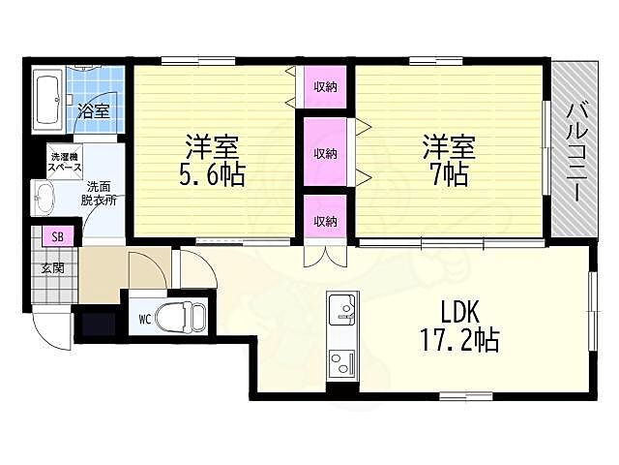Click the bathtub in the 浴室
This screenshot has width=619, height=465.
[47, 100]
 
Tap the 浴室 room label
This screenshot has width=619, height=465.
[93, 110]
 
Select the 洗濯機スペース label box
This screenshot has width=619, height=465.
[65, 162]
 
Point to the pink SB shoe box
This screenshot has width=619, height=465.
[58, 237]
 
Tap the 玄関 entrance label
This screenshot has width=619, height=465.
[53, 268]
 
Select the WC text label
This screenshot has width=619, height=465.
[145, 319]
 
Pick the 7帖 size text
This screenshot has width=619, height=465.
[450, 174]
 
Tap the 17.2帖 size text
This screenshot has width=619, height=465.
[460, 340]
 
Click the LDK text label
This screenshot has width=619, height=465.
[460, 311]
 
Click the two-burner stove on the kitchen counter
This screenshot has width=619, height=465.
[341, 364]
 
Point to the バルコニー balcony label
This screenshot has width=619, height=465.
[576, 152]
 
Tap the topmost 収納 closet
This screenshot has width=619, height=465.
[325, 86]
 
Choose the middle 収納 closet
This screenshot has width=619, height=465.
[325, 153]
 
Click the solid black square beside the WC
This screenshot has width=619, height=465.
[99, 325]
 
